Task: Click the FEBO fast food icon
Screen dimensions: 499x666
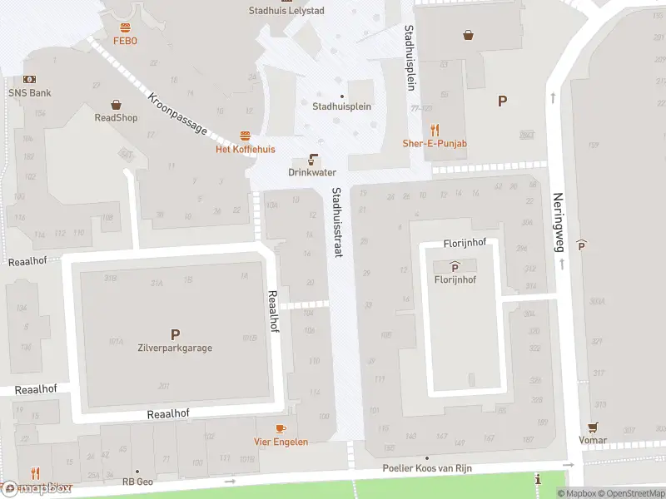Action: (x=126, y=27)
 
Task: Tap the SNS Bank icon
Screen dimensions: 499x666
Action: (x=30, y=79)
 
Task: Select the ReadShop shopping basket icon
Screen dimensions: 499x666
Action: (x=116, y=105)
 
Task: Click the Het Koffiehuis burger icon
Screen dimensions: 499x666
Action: (x=245, y=136)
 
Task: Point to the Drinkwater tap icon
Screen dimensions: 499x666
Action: (x=313, y=159)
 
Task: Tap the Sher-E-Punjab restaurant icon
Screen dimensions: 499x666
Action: (x=435, y=130)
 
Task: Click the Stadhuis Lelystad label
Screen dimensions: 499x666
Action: (x=286, y=11)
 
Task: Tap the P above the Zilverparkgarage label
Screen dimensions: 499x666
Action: (x=175, y=334)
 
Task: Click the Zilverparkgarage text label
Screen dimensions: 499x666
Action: (x=175, y=348)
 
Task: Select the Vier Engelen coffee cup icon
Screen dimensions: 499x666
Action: (x=281, y=428)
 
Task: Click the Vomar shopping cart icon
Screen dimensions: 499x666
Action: (x=594, y=427)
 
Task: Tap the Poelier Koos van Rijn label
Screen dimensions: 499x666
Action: (x=427, y=468)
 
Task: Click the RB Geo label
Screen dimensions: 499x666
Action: (x=138, y=482)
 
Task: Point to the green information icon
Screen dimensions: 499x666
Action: (x=539, y=480)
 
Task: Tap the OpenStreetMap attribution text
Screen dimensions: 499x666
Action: (x=629, y=493)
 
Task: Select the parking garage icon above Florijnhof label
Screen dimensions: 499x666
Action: (x=455, y=267)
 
